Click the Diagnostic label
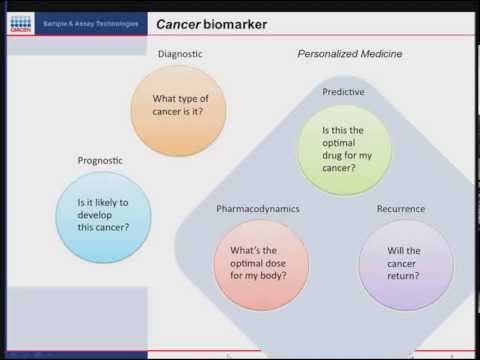[180, 54]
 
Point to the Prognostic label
[102, 160]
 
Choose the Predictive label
[343, 92]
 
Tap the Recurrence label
[401, 209]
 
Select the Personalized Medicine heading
[350, 54]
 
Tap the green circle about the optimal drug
[344, 149]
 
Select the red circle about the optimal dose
[261, 263]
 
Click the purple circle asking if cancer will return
[405, 263]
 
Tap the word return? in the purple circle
[405, 275]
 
